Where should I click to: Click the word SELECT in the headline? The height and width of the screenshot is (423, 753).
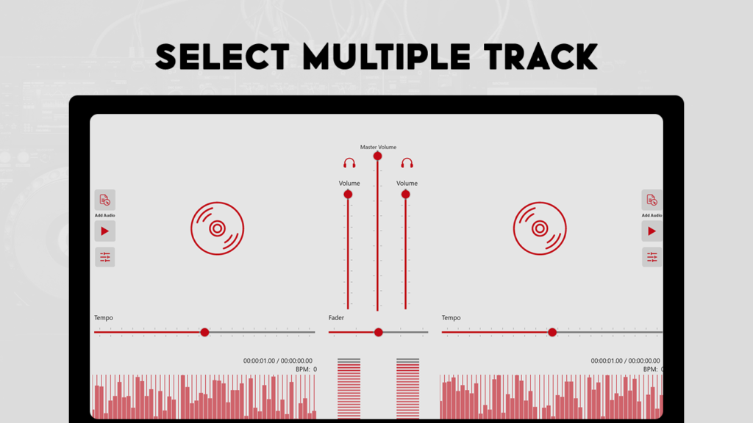tap(222, 57)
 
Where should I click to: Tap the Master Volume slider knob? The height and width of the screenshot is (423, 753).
tap(377, 156)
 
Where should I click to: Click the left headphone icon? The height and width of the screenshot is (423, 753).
tap(349, 163)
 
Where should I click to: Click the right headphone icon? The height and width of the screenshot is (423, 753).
tap(407, 163)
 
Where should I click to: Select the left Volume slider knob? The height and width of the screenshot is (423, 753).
tap(348, 194)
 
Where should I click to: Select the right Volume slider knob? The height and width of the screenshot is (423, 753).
tap(406, 194)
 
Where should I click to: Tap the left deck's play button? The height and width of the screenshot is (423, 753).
tap(104, 231)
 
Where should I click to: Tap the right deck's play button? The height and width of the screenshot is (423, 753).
tap(652, 231)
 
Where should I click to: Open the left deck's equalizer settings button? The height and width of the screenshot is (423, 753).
tap(104, 257)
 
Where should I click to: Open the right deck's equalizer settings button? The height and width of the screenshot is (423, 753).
tap(652, 257)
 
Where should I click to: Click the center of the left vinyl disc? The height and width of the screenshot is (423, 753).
tap(217, 228)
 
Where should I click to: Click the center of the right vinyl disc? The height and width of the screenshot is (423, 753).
tap(540, 228)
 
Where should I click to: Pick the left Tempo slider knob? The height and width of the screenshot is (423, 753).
tap(204, 332)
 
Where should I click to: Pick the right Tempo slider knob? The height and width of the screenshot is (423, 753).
tap(552, 332)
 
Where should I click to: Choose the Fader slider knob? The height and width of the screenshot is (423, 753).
tap(379, 332)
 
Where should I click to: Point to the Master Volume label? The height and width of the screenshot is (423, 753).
tap(379, 147)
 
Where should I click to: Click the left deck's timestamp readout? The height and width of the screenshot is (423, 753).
tap(277, 361)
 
